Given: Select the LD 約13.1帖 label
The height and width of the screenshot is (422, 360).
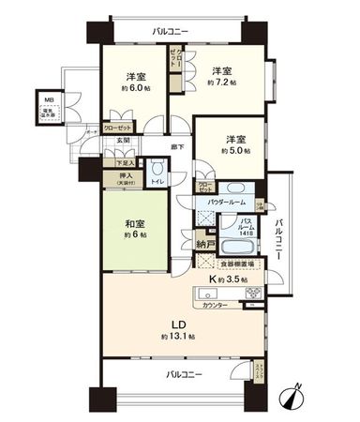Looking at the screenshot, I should [x=176, y=328].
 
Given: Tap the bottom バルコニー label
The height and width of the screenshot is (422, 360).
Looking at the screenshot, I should [x=174, y=374].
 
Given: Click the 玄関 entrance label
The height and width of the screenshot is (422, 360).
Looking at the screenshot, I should [x=124, y=141].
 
